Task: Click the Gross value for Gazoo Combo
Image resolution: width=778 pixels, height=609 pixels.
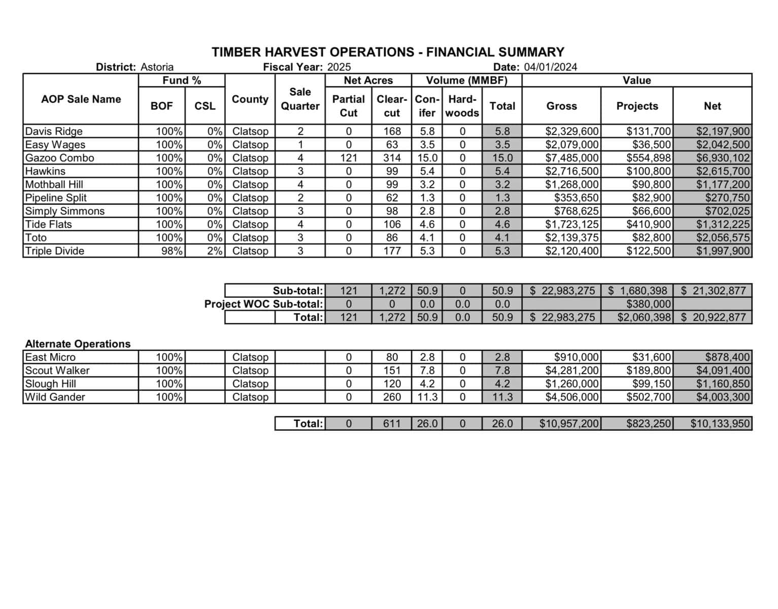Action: pyautogui.click(x=572, y=158)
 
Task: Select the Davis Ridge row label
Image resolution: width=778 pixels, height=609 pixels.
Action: pyautogui.click(x=54, y=131)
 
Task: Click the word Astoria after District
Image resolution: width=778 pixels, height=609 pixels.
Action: pyautogui.click(x=157, y=67)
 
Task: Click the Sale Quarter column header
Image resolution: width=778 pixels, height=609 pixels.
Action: pyautogui.click(x=300, y=99)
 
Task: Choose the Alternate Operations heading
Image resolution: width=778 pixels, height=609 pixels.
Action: pyautogui.click(x=78, y=344)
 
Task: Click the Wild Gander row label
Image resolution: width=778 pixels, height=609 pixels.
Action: pyautogui.click(x=55, y=397)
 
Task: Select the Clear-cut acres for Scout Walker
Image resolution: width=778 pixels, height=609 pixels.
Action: pyautogui.click(x=392, y=371)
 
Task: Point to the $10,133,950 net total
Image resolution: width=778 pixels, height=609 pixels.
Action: pyautogui.click(x=720, y=424)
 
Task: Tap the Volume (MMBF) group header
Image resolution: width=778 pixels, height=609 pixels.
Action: pyautogui.click(x=466, y=80)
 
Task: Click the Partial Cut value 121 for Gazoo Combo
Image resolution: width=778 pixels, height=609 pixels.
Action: pyautogui.click(x=348, y=158)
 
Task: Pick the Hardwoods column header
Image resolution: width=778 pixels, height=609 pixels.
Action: pyautogui.click(x=462, y=106)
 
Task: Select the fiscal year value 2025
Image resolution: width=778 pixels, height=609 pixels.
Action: pyautogui.click(x=339, y=67)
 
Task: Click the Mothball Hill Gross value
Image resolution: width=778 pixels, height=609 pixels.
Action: pyautogui.click(x=572, y=185)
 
